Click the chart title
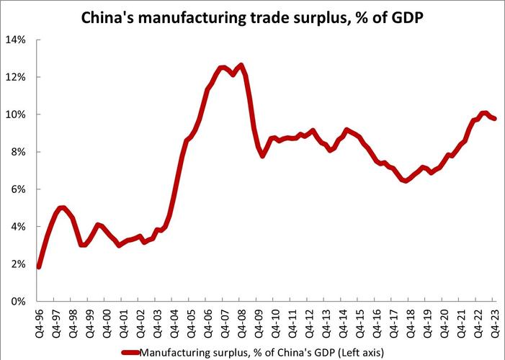[252, 17]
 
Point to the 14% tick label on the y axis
[17, 40]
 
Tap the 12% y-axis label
[17, 77]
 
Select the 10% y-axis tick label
[17, 114]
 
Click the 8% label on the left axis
[19, 152]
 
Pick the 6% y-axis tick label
[19, 189]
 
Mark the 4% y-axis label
[19, 227]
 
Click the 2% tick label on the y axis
[19, 264]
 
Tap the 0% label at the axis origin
[19, 302]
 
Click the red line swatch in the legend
[129, 353]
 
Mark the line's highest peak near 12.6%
[241, 66]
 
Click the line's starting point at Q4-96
[38, 267]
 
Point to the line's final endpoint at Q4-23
[495, 119]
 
